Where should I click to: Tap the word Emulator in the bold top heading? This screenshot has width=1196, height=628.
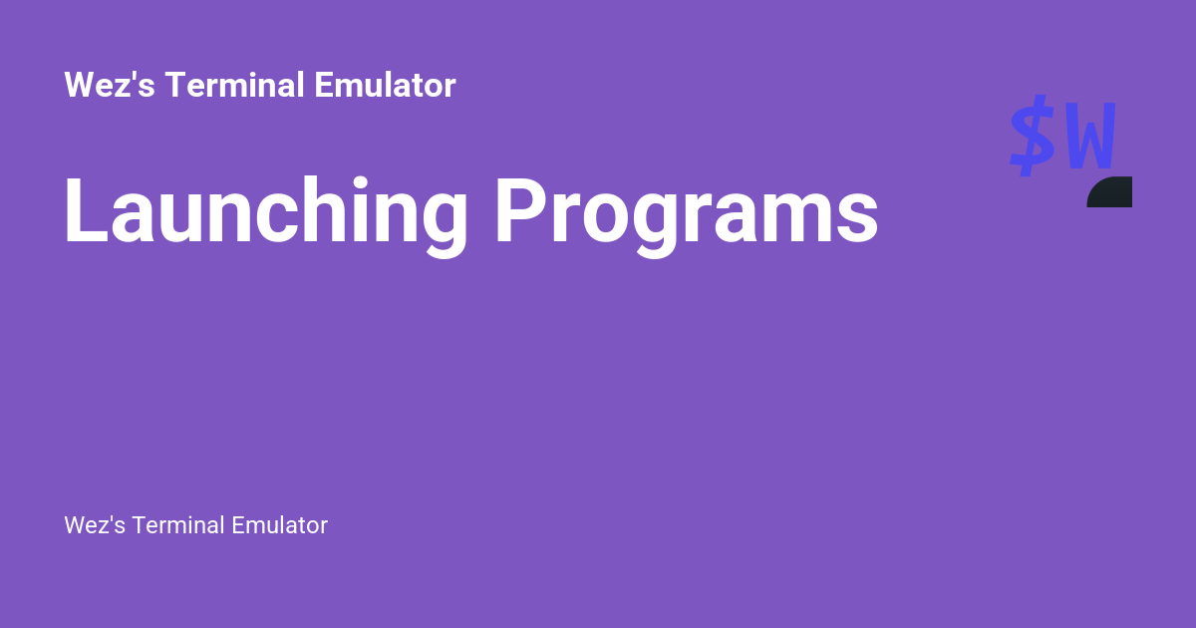pyautogui.click(x=385, y=86)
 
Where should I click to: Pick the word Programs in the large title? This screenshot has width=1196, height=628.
pyautogui.click(x=687, y=213)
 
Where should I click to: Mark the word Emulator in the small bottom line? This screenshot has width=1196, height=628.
pyautogui.click(x=279, y=525)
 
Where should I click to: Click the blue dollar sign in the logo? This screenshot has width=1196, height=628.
pyautogui.click(x=1033, y=136)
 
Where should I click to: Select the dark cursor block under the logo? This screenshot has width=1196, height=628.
pyautogui.click(x=1110, y=192)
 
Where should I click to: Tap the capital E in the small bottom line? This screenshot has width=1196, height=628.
pyautogui.click(x=239, y=525)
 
